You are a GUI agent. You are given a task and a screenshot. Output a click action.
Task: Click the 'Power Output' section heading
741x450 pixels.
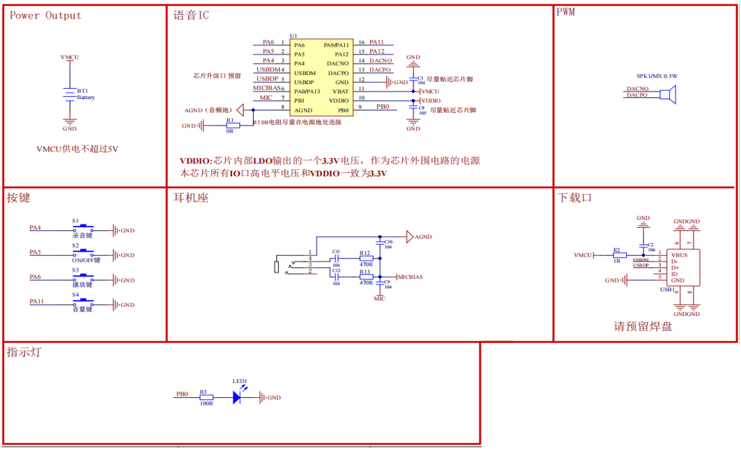tap(45, 16)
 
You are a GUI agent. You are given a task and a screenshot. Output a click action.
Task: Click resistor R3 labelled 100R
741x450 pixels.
tap(206, 397)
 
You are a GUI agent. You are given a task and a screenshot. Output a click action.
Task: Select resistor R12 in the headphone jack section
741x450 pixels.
tap(366, 258)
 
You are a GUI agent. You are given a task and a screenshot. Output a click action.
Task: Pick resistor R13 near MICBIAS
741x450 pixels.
tap(366, 277)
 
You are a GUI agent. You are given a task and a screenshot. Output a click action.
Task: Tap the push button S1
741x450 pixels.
tap(83, 228)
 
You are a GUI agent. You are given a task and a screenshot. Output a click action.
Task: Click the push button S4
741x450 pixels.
tap(83, 302)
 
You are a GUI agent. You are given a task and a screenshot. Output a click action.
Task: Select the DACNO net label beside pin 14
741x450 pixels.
tap(380, 61)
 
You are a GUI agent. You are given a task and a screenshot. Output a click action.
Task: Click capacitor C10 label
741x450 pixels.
tap(388, 242)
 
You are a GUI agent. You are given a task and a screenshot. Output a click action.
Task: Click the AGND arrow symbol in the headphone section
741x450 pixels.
tap(409, 237)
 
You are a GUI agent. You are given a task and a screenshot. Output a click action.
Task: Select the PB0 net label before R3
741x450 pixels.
tap(181, 394)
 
